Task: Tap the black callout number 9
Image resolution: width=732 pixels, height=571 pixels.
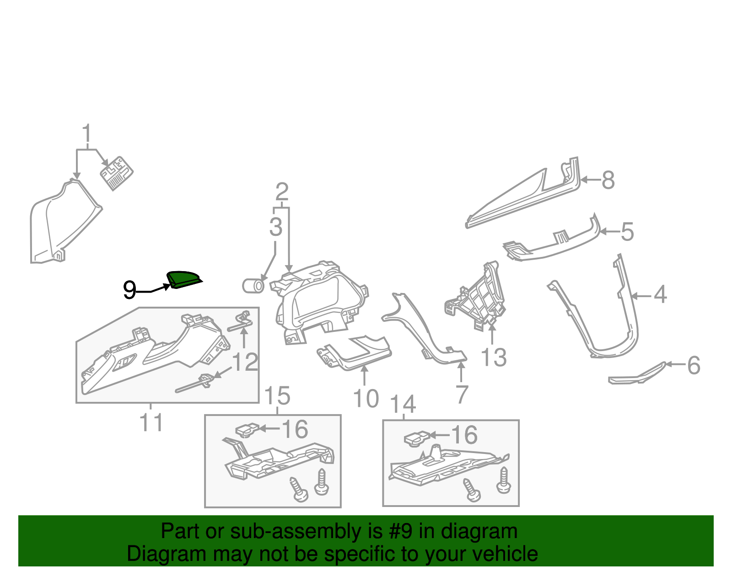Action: [x=129, y=290]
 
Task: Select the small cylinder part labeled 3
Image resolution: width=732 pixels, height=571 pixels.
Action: [x=253, y=286]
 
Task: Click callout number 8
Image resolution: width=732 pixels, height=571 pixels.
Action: [x=608, y=180]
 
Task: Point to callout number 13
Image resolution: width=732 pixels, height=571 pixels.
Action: [x=493, y=358]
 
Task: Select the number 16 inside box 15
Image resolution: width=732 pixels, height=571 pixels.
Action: [x=295, y=429]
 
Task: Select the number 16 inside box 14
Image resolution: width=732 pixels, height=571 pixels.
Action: [x=464, y=435]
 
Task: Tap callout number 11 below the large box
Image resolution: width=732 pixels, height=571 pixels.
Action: [x=151, y=423]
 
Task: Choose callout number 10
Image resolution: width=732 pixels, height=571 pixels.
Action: [x=366, y=399]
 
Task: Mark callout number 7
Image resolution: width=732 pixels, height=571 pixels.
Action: [x=462, y=394]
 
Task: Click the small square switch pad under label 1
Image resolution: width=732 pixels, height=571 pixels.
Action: [x=117, y=173]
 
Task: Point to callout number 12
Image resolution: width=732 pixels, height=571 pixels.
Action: [x=245, y=362]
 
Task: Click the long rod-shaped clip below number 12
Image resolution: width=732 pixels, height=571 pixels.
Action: [x=194, y=384]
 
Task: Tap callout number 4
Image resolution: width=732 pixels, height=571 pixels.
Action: [x=660, y=294]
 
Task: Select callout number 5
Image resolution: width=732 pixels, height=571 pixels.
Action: [x=627, y=232]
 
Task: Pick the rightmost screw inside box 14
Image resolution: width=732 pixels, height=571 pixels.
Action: [x=503, y=481]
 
